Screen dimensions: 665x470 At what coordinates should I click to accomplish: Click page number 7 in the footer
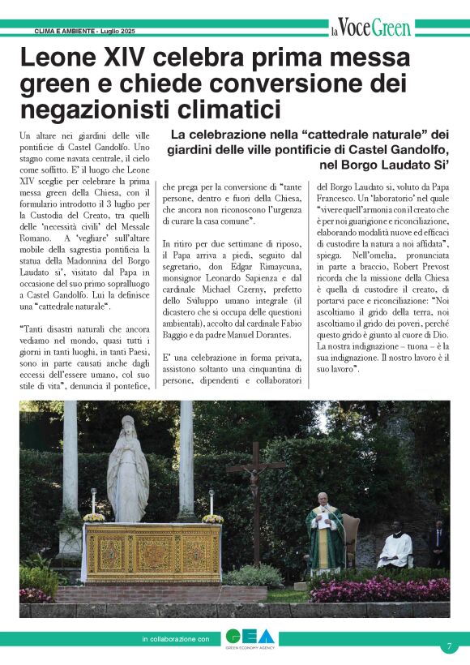448,646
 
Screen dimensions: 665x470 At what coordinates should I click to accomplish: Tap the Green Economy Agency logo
250,639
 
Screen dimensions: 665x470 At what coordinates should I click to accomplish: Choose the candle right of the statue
211,503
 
